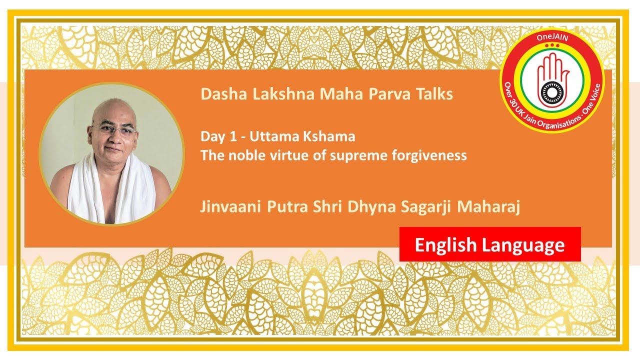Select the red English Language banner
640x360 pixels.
tap(490, 244)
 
